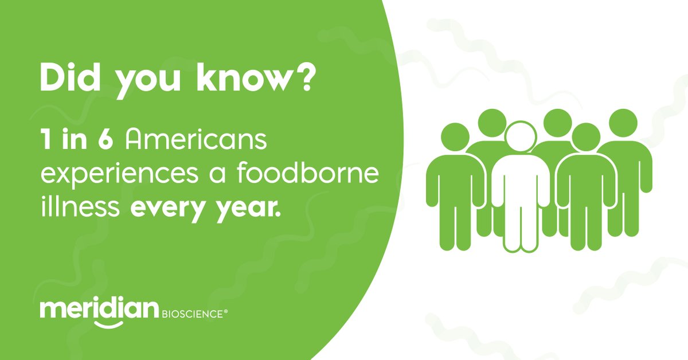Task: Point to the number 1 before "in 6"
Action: pos(44,140)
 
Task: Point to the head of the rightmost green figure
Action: pos(623,123)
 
